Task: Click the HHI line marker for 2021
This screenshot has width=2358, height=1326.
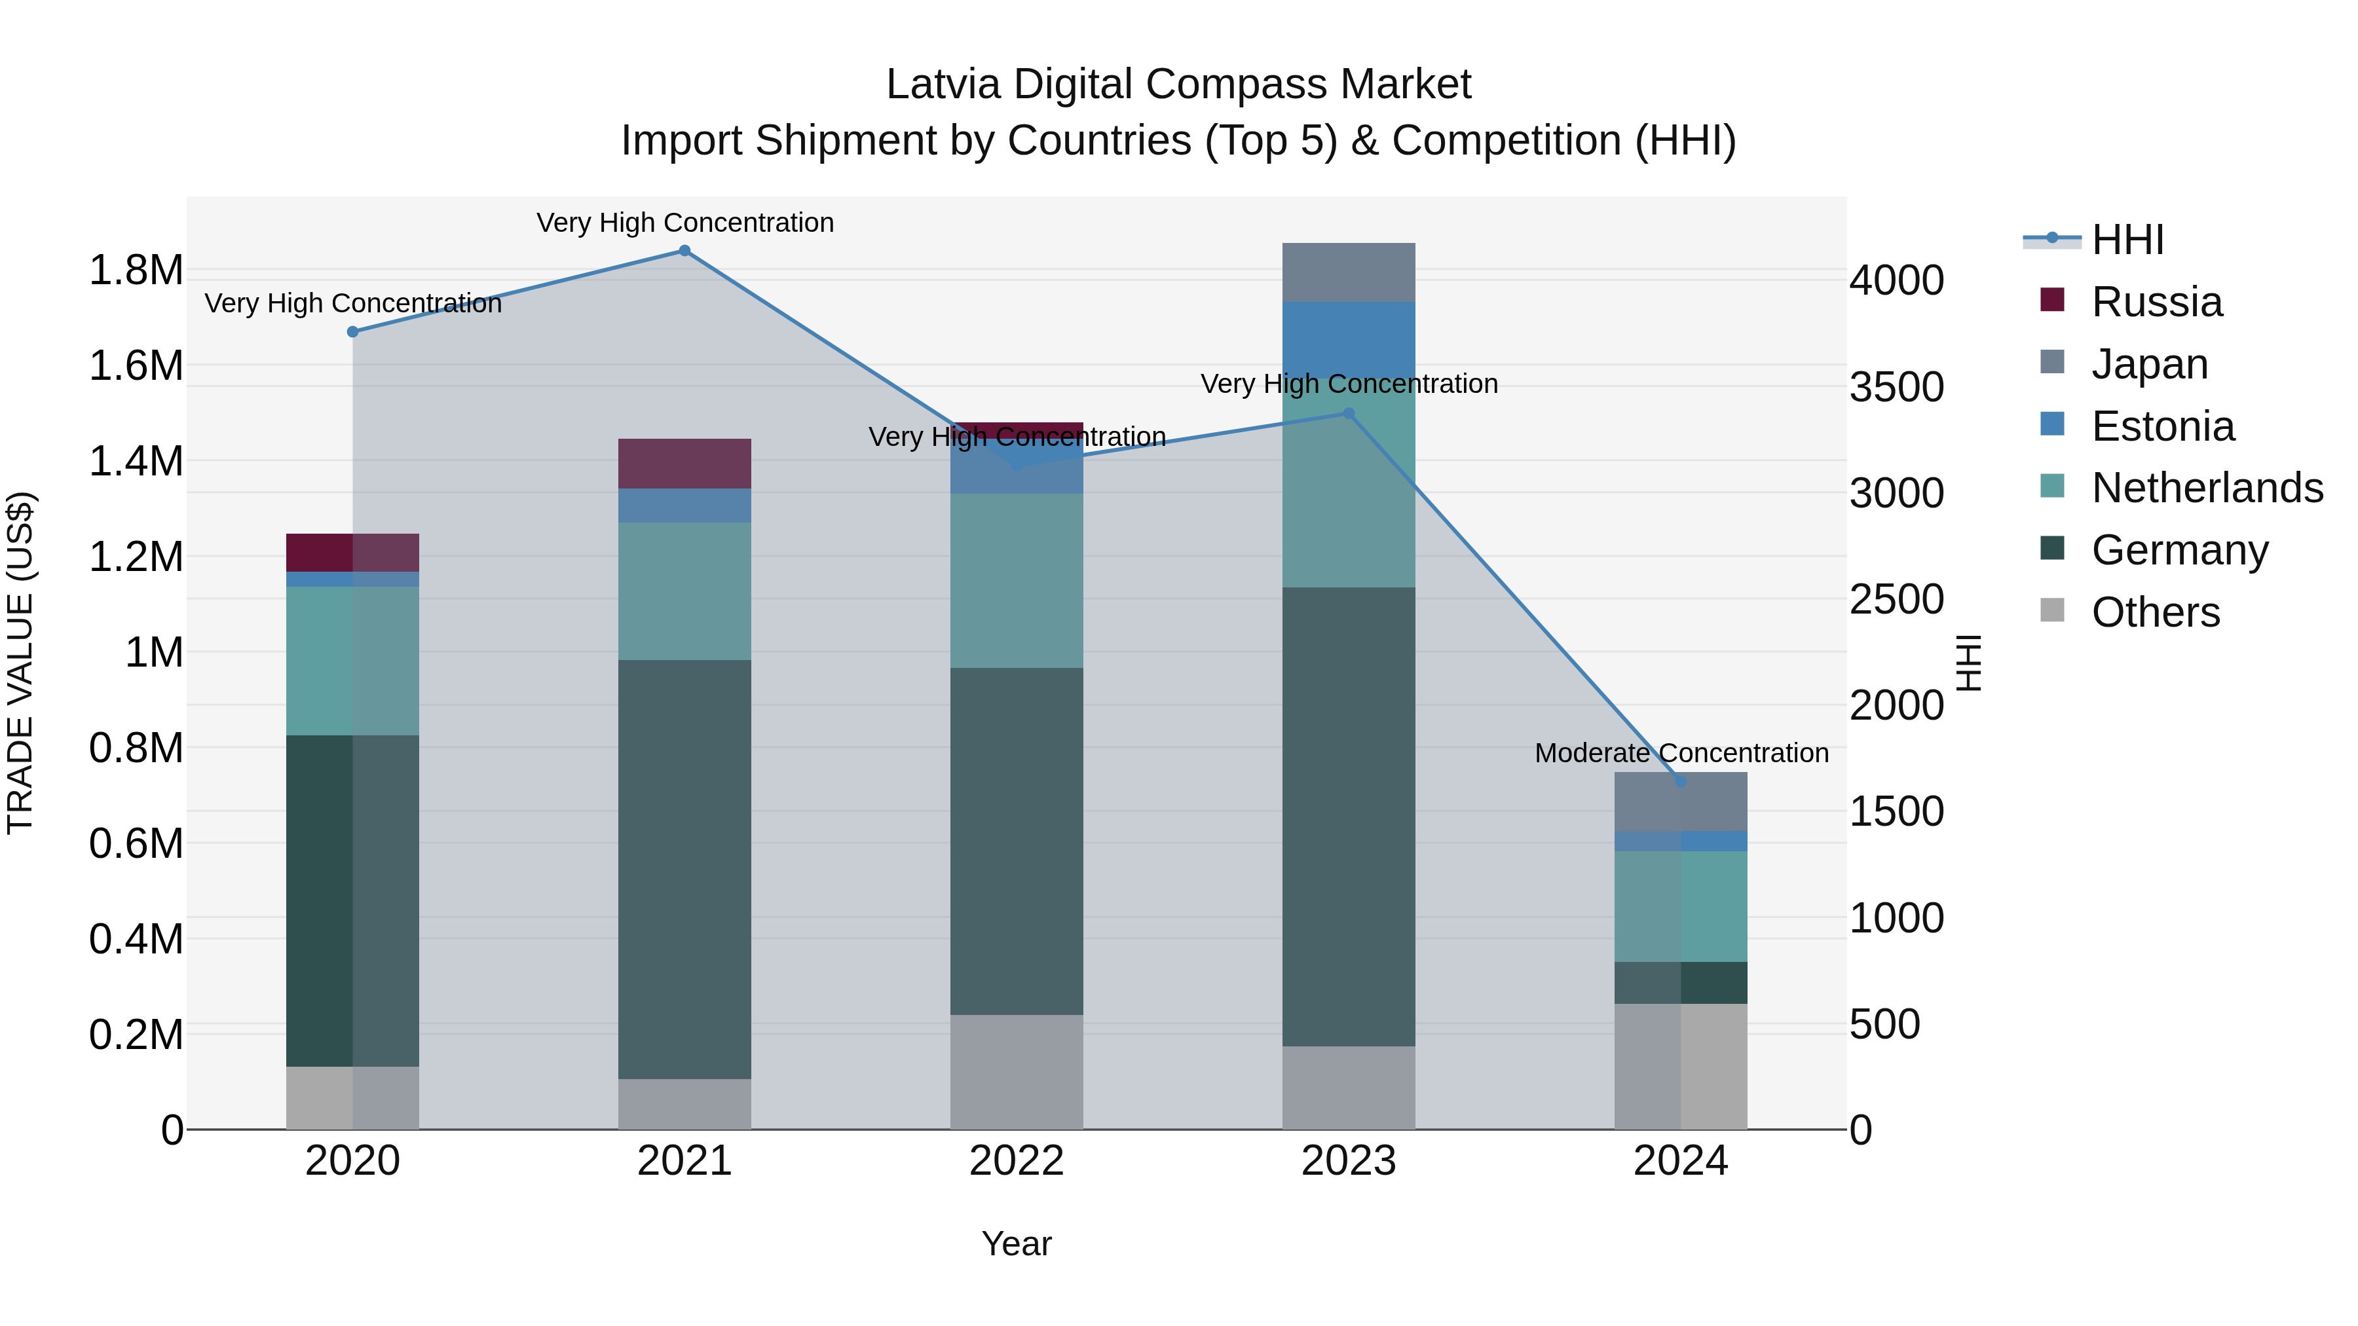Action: pos(684,251)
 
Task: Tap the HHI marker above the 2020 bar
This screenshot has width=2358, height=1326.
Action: pos(352,332)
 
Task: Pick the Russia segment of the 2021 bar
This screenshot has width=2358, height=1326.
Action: pos(684,464)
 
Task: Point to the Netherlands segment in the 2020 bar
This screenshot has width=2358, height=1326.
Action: pos(352,661)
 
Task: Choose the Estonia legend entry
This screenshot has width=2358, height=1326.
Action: pos(2162,426)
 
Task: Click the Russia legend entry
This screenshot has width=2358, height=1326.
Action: pos(2156,302)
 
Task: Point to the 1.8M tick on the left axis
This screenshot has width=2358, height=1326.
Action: pos(136,271)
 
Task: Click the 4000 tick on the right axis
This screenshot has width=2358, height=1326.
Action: pos(1896,280)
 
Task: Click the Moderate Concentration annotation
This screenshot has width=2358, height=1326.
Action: pos(1681,753)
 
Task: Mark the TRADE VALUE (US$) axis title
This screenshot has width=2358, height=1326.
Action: pos(20,663)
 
